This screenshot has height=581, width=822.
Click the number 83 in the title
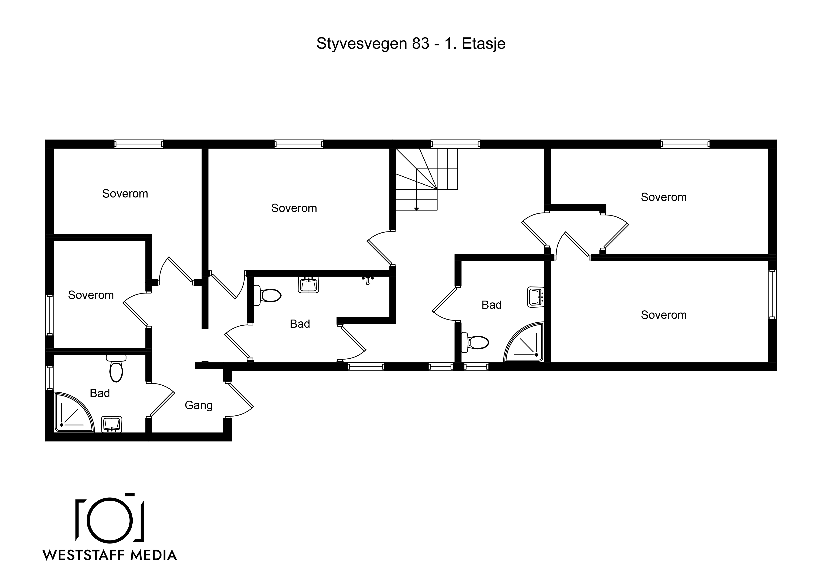(420, 43)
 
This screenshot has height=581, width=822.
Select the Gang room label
(199, 405)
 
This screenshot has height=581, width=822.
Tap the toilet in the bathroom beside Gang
(116, 368)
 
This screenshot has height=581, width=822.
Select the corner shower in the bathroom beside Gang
(74, 412)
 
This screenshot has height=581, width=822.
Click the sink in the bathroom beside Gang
(112, 424)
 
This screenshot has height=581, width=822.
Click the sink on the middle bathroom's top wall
(308, 285)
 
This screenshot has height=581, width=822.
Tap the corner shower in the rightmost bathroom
(524, 342)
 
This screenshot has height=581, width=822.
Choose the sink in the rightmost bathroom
(536, 297)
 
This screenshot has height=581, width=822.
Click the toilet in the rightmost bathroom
(475, 343)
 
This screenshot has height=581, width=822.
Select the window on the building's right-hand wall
(772, 294)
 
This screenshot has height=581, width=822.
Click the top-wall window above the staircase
(455, 144)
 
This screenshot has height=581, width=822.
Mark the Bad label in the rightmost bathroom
(492, 305)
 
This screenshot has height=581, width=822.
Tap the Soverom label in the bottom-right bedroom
(664, 315)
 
